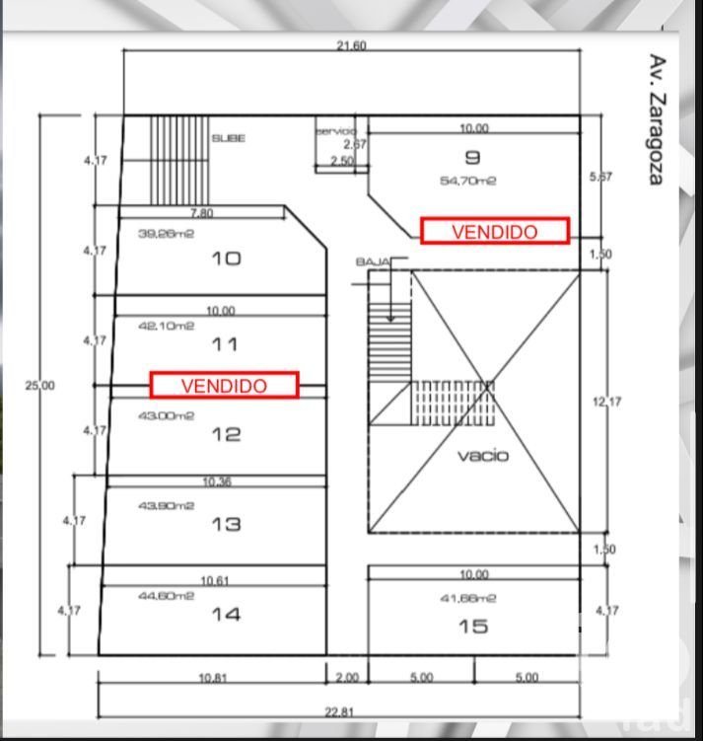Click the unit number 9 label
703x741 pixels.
coord(470,156)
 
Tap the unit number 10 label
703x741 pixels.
coord(226,259)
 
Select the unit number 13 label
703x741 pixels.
coord(226,524)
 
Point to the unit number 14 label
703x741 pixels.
coord(226,615)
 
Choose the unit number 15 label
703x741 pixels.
coord(472,626)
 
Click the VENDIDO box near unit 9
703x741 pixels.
coord(495,231)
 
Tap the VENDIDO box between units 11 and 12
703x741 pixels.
coord(224,385)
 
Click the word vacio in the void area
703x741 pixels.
coord(482,456)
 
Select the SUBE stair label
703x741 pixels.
coord(229,139)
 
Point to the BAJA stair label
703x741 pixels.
coord(372,261)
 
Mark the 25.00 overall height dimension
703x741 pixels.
coord(40,386)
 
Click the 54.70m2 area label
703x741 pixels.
coord(467,181)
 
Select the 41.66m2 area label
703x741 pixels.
coord(467,598)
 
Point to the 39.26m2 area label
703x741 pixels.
coord(168,234)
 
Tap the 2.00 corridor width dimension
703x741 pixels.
coord(347,678)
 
